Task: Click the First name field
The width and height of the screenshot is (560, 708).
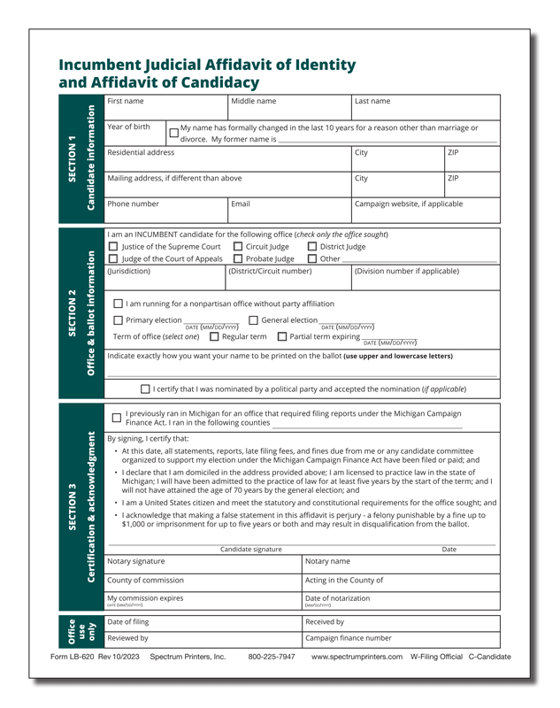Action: (165, 108)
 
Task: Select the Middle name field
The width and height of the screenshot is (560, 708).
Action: (289, 108)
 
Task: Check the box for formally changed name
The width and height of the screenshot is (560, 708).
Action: (174, 134)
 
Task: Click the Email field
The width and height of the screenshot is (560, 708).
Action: (289, 209)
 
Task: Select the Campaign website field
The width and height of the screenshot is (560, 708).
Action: (424, 209)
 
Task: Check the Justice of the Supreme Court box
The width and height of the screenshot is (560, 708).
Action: (112, 247)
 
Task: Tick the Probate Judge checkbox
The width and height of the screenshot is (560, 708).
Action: (238, 259)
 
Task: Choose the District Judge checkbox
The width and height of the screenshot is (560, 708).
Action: (312, 247)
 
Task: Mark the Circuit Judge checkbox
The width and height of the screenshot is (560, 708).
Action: (238, 247)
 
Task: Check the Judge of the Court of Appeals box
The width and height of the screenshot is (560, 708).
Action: (112, 259)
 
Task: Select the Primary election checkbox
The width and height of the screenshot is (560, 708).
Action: (119, 320)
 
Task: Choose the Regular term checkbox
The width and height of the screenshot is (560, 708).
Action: (214, 336)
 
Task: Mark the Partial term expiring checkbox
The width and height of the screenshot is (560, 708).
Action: (282, 336)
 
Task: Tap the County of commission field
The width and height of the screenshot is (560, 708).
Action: (203, 585)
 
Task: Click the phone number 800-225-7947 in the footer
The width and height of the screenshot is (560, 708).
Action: (272, 658)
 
